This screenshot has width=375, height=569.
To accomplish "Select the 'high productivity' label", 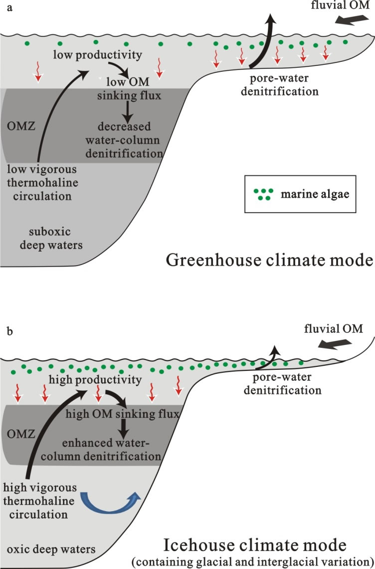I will coord(95,380).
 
